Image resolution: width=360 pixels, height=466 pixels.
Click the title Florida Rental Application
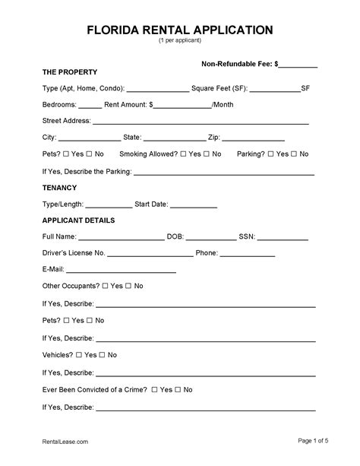coord(179,30)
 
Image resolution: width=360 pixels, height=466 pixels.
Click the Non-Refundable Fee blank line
coord(298,66)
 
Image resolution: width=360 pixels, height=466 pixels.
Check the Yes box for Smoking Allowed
coord(183,154)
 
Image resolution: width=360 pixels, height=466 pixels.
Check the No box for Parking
coord(293,154)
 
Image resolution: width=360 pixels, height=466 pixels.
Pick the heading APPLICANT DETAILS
coord(78,220)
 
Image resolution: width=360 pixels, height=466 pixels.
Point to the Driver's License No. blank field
coord(148,254)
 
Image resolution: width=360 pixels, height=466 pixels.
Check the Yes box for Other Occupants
coord(106,287)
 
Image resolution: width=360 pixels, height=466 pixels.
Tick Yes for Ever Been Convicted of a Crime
coord(155,390)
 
